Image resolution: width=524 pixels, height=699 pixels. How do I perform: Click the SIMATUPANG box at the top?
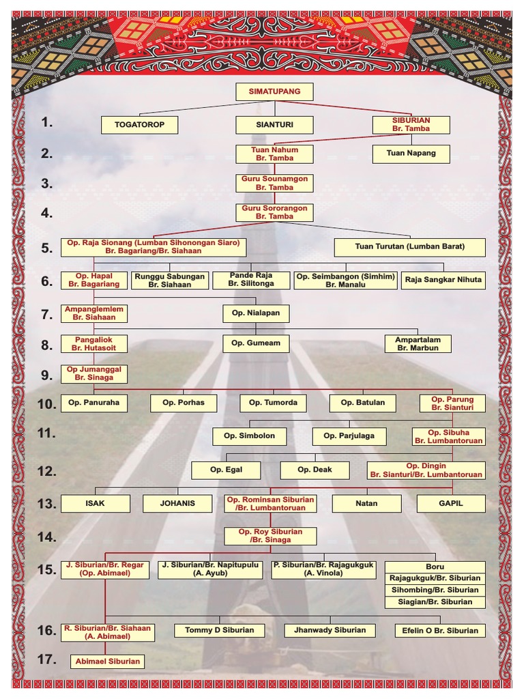[x=274, y=92]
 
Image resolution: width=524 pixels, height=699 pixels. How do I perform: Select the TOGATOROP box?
[x=139, y=125]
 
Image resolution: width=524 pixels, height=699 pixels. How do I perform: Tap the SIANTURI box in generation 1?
[x=274, y=125]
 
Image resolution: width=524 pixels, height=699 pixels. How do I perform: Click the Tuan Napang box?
[x=411, y=154]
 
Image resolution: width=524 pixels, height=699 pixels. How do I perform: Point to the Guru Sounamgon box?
[x=274, y=183]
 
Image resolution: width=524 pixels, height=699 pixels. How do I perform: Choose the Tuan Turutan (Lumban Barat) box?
[x=409, y=247]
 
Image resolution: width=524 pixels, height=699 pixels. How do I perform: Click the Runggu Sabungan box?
[x=169, y=281]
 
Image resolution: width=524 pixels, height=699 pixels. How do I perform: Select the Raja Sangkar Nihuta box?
[x=443, y=279]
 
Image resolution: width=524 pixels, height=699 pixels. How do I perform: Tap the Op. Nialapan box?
[x=256, y=313]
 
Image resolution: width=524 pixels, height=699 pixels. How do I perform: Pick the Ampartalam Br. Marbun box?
[x=418, y=343]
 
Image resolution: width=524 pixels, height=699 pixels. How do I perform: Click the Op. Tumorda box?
[x=273, y=403]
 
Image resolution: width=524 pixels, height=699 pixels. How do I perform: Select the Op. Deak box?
[x=315, y=470]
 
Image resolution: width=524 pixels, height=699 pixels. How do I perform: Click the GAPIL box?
[x=451, y=504]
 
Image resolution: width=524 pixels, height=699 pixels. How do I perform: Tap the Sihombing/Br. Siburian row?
[x=435, y=590]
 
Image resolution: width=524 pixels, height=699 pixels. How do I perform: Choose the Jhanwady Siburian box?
[x=330, y=630]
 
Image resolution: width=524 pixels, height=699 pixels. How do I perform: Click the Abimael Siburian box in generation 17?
[x=108, y=661]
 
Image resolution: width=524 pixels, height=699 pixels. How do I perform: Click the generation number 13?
[x=46, y=504]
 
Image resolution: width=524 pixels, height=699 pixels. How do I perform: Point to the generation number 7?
[x=46, y=315]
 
